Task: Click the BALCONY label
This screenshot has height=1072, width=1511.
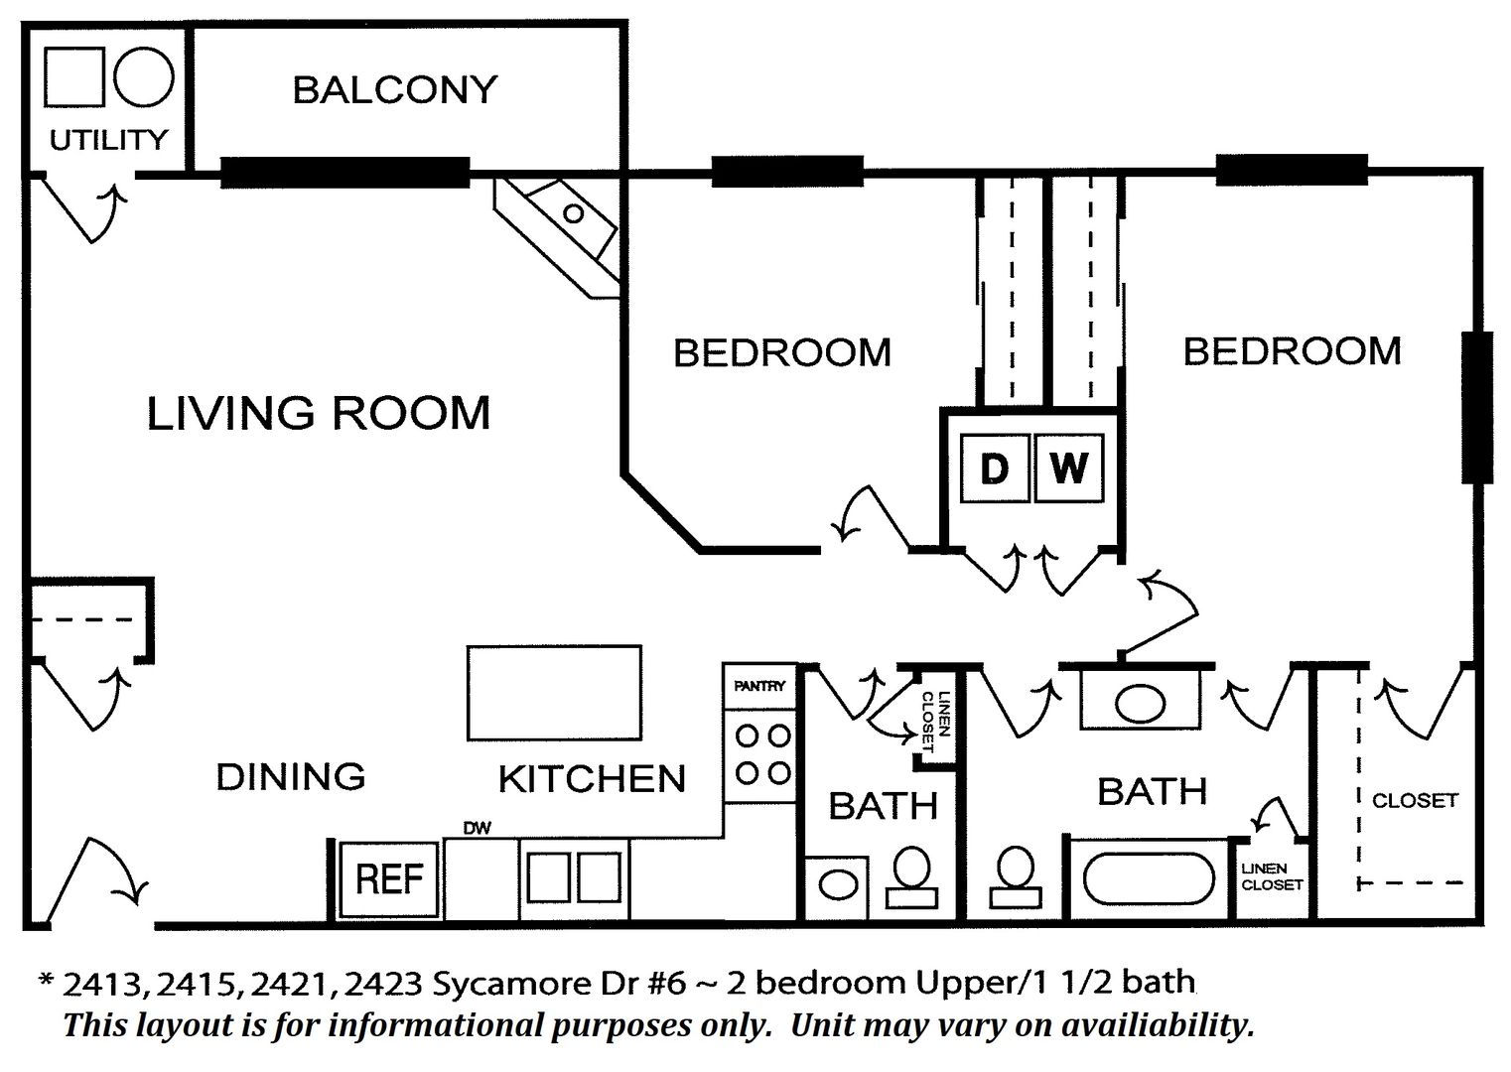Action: pyautogui.click(x=394, y=90)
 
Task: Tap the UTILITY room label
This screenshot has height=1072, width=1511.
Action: pyautogui.click(x=108, y=140)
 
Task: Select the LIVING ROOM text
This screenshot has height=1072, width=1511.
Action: pyautogui.click(x=319, y=413)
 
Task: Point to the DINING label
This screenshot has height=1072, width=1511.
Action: pyautogui.click(x=291, y=776)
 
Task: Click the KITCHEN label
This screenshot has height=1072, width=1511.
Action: pyautogui.click(x=592, y=779)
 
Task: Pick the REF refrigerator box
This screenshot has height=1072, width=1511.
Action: pyautogui.click(x=388, y=879)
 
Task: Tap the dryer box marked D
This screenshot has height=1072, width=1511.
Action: pyautogui.click(x=995, y=469)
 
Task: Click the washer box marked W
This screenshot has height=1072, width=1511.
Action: pyautogui.click(x=1069, y=469)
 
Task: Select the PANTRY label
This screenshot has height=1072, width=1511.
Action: pyautogui.click(x=759, y=686)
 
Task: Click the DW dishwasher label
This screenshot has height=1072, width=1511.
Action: pyautogui.click(x=477, y=828)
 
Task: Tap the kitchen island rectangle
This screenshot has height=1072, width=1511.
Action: pyautogui.click(x=554, y=693)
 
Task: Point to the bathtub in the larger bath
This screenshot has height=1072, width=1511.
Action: pyautogui.click(x=1149, y=879)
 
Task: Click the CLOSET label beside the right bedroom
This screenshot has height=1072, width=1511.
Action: pyautogui.click(x=1416, y=801)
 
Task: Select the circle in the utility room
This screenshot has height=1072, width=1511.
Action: pyautogui.click(x=144, y=76)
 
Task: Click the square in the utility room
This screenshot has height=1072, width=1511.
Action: pyautogui.click(x=74, y=76)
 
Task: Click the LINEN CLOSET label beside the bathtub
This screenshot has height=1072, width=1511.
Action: pyautogui.click(x=1272, y=876)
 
